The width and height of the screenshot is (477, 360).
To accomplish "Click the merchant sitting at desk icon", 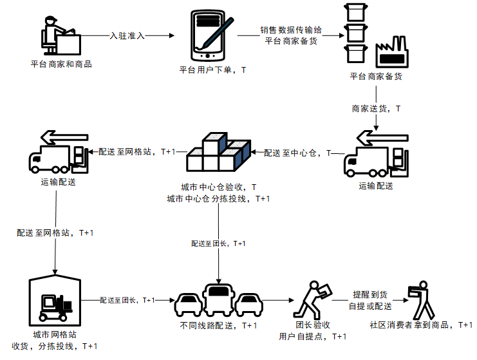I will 61,38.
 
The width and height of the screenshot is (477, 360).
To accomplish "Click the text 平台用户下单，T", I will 212,70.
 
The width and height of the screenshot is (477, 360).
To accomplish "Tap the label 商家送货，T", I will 376,109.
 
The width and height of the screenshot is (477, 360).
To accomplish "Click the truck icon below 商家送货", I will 376,157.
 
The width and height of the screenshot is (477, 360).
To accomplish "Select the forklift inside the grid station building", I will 57,308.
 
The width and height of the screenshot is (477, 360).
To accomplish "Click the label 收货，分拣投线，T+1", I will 55,346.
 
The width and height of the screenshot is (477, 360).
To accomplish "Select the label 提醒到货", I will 369,294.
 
